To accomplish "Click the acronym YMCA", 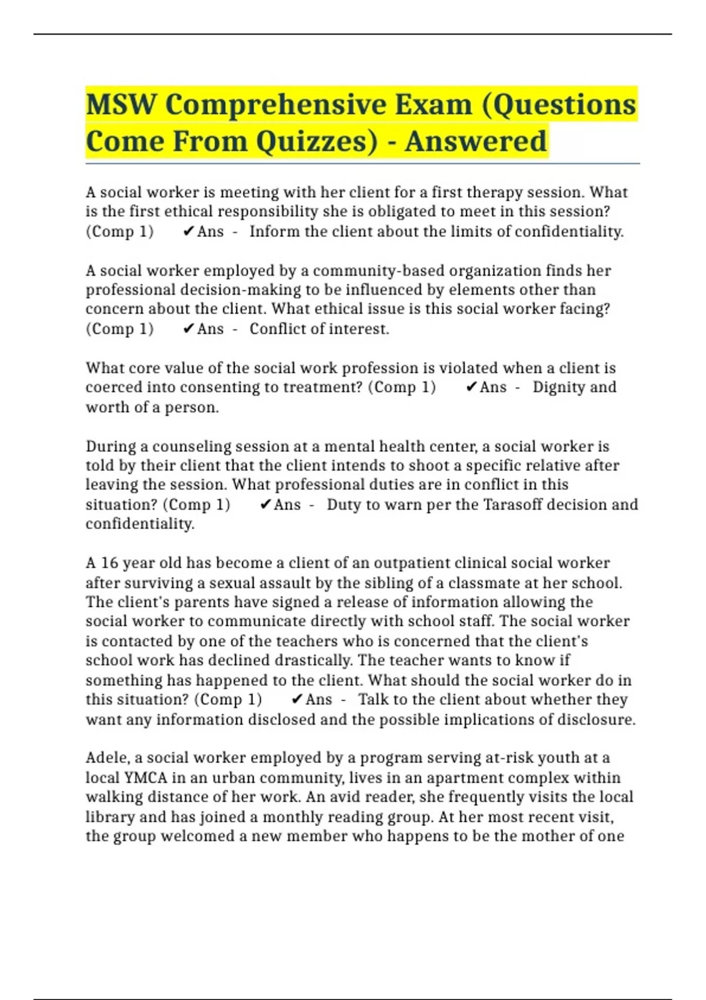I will click(x=146, y=778).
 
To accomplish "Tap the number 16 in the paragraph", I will click(x=109, y=563).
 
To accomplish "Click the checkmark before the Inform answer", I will click(x=188, y=232).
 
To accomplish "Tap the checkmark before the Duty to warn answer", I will click(x=265, y=505).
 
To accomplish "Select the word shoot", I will click(x=436, y=465).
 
